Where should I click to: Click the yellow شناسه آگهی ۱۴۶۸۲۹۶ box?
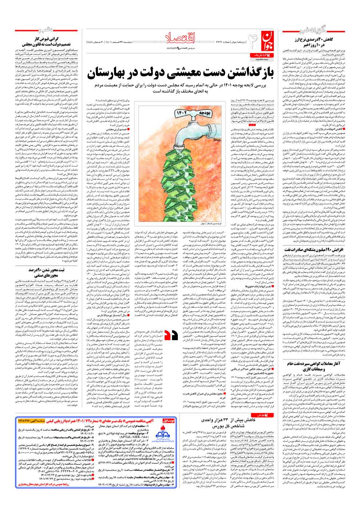pyautogui.click(x=31, y=420)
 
